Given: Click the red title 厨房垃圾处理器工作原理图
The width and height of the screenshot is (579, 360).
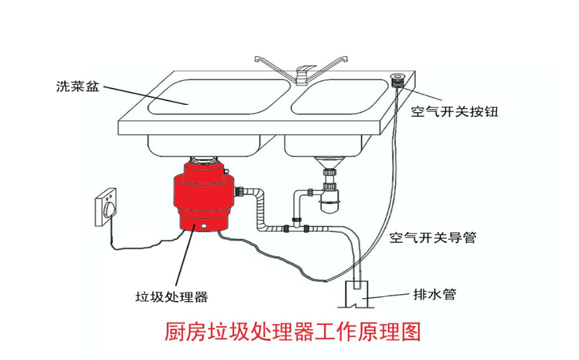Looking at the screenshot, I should click(x=292, y=332).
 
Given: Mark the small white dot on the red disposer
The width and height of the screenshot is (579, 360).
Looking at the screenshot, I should click(x=204, y=227).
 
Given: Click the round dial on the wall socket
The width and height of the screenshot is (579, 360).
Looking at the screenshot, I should click(x=110, y=208).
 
